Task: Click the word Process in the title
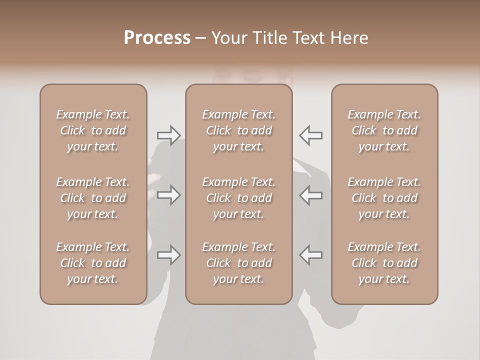coord(157,38)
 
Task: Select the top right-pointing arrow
coord(168,135)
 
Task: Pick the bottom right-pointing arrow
coord(168,255)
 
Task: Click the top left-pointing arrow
coord(311,135)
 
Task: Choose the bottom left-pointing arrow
coord(311,255)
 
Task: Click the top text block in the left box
coord(93,130)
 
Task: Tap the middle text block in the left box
coord(93,198)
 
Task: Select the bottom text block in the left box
coord(93,263)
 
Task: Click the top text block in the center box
coord(238,130)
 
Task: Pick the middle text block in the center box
coord(238,198)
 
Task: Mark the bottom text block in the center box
coord(238,263)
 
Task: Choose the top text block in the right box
coord(384,130)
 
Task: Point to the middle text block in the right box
coord(384,198)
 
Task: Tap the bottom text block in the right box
coord(384,263)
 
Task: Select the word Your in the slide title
coord(230,38)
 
